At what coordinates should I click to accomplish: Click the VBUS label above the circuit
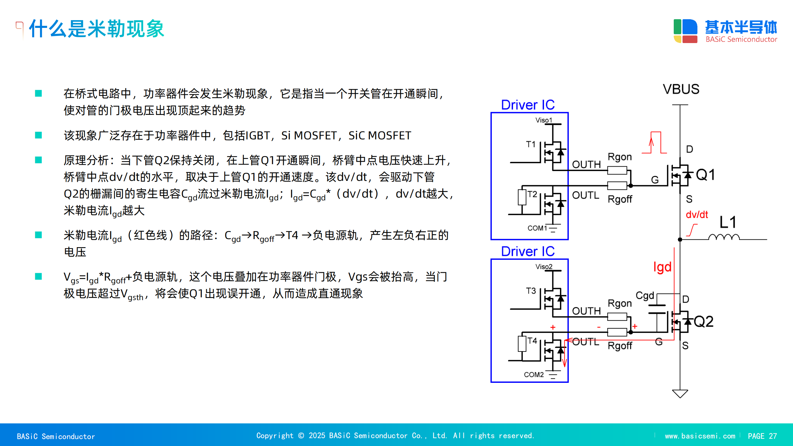(681, 89)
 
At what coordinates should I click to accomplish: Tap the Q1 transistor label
(705, 175)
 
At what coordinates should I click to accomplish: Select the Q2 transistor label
(703, 321)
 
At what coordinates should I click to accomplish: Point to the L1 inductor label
(728, 222)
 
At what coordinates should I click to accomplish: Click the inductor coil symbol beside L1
(724, 237)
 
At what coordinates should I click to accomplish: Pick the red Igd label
(662, 267)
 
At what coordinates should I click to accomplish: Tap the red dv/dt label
(697, 215)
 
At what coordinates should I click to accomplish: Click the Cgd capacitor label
(645, 295)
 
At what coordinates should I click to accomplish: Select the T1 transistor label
(531, 144)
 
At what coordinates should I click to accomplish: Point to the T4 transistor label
(532, 341)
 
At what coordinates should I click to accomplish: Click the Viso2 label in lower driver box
(544, 267)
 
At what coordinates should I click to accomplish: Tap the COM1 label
(537, 228)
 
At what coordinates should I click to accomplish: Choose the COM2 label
(534, 375)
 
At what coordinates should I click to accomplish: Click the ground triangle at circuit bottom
(680, 393)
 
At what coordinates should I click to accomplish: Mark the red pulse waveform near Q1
(655, 143)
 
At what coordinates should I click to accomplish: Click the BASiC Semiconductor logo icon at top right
(685, 31)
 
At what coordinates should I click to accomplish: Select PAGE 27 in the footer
(762, 436)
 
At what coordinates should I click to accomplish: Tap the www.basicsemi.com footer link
(700, 436)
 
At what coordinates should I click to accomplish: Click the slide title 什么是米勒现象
(97, 29)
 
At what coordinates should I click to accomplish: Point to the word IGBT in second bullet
(257, 136)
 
